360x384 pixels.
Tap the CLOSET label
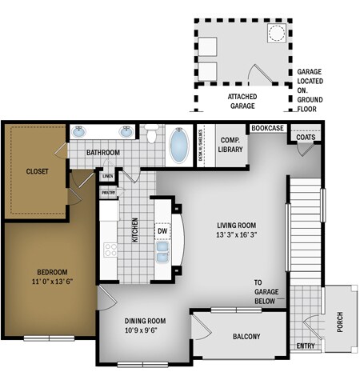pyautogui.click(x=37, y=170)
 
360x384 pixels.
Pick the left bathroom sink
pyautogui.click(x=81, y=132)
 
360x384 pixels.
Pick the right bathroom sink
pyautogui.click(x=126, y=132)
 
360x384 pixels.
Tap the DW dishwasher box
pyautogui.click(x=162, y=232)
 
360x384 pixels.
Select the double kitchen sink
pyautogui.click(x=162, y=256)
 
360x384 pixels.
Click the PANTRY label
pyautogui.click(x=107, y=193)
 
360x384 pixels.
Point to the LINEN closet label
pyautogui.click(x=107, y=175)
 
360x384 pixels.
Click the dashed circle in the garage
pyautogui.click(x=276, y=33)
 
